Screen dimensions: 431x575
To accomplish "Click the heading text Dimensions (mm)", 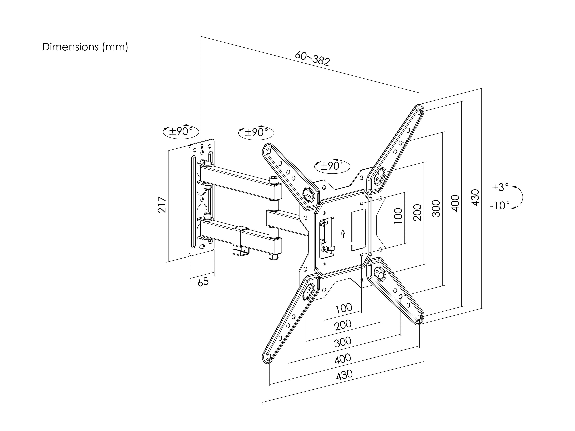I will tap(85, 47).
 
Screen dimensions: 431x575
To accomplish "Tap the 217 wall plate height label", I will tap(162, 205).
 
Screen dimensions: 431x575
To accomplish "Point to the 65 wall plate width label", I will tap(203, 282).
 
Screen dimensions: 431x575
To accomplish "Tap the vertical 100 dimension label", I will tap(398, 216).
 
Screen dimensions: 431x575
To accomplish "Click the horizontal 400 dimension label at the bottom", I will tap(343, 359).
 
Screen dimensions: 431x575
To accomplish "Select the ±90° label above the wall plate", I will tap(181, 131).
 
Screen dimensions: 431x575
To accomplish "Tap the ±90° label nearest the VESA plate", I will tap(332, 165).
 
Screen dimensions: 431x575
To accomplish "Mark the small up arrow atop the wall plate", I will tap(202, 145).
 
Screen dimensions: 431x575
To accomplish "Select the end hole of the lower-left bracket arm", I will tap(269, 356).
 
